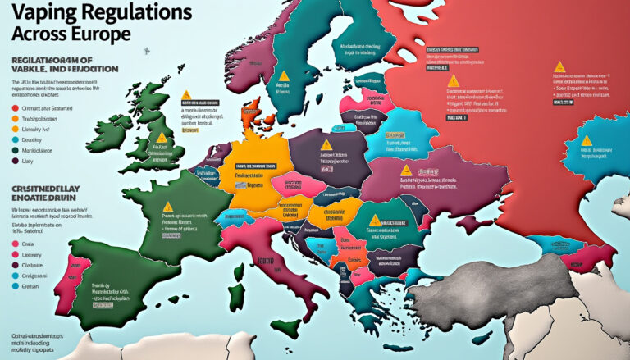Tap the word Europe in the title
[x=98, y=37]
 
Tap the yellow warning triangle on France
[x=168, y=207]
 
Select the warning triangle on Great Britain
[x=162, y=138]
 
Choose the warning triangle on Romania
[x=375, y=220]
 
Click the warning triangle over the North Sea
[x=186, y=96]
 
